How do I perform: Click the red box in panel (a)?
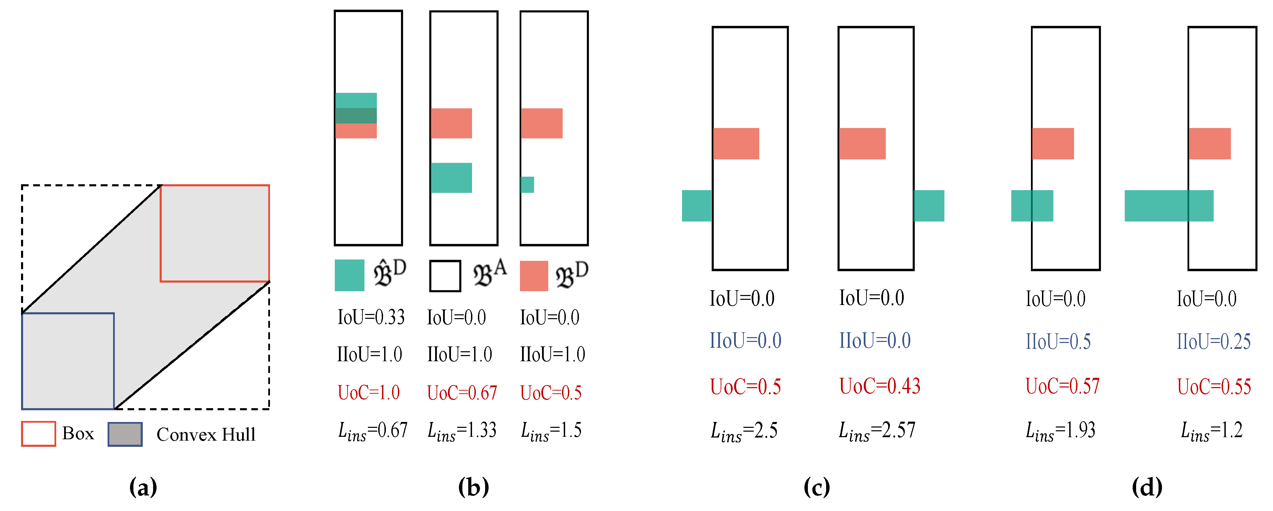(214, 233)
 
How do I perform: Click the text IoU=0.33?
(371, 317)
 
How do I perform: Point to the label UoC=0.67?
(462, 393)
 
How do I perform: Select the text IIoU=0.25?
(1213, 341)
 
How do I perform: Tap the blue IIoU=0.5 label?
(1058, 341)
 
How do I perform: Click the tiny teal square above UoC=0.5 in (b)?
(527, 185)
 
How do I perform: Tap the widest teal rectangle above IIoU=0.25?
(1169, 205)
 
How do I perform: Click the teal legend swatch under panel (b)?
(349, 275)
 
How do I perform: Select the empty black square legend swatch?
(445, 276)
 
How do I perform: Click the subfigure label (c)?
(816, 487)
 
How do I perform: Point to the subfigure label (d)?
(1147, 487)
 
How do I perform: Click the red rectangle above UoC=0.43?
(862, 144)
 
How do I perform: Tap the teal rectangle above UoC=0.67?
(451, 178)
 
